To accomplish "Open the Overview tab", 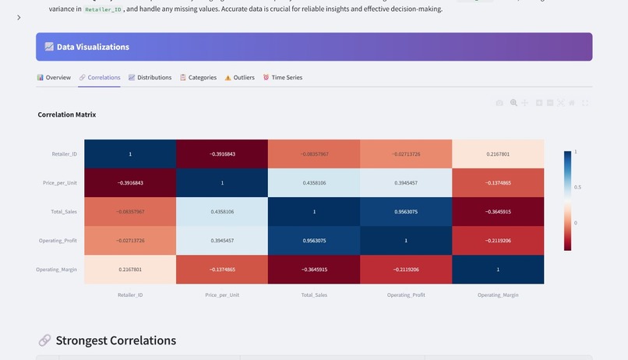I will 54,78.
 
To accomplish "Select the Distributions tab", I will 150,78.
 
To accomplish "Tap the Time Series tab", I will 283,78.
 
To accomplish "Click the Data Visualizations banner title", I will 93,47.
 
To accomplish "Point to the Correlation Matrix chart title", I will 67,115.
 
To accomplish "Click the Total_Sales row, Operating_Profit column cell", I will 406,212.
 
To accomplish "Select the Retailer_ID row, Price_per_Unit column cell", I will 222,154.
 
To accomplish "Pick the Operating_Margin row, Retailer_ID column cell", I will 130,270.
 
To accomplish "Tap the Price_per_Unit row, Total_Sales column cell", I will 314,183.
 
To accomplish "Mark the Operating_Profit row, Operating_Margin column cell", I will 498,241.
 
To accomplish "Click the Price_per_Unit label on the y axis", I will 60,183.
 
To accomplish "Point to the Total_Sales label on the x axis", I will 314,295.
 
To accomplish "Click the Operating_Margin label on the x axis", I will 498,295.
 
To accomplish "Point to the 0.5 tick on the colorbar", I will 577,187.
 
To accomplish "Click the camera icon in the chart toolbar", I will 499,103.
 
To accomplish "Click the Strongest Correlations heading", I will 115,341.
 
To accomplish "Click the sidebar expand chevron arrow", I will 19,17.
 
